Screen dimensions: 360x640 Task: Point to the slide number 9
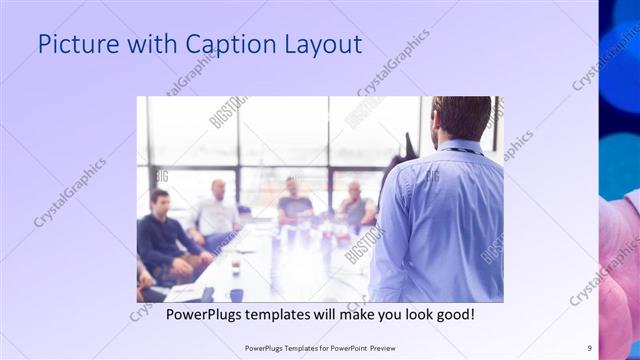[589, 348]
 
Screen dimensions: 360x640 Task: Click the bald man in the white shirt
[216, 210]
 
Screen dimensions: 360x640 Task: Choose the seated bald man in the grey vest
[355, 205]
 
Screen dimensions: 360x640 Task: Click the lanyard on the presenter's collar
[462, 151]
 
